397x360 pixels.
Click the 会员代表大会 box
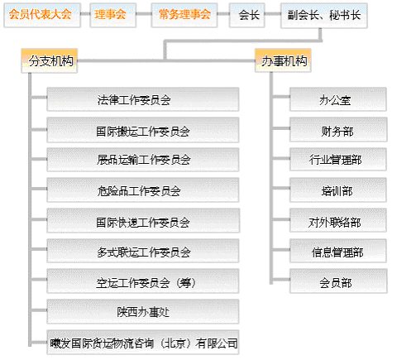(42, 15)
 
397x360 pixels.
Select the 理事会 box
(113, 15)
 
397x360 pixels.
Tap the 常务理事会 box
(184, 15)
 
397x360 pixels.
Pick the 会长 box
(247, 15)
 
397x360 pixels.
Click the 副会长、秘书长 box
(324, 16)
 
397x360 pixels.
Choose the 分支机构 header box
(50, 61)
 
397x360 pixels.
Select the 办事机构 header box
(283, 60)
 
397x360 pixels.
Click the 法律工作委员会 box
(143, 99)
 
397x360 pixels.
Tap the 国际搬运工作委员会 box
(143, 130)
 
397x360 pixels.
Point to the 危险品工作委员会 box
(143, 190)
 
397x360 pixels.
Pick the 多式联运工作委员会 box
(143, 251)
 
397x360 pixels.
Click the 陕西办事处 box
(143, 311)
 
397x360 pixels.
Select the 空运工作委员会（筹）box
(143, 281)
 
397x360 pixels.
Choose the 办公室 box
(338, 99)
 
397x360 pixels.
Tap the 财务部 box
(338, 130)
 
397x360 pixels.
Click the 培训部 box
(338, 190)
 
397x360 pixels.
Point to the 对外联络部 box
(338, 220)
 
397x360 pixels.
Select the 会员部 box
(338, 281)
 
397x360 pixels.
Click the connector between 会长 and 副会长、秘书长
(273, 14)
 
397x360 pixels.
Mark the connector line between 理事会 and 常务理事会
(144, 14)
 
